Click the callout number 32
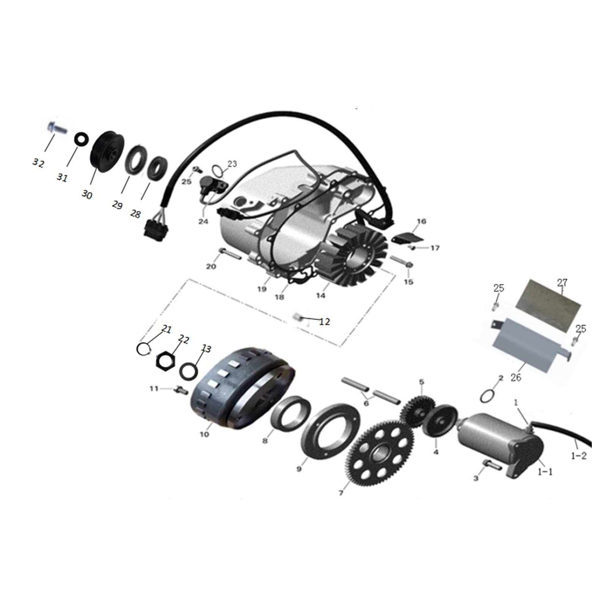38,163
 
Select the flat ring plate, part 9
330,431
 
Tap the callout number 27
562,283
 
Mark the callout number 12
324,322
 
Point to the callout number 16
421,221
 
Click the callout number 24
203,221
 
